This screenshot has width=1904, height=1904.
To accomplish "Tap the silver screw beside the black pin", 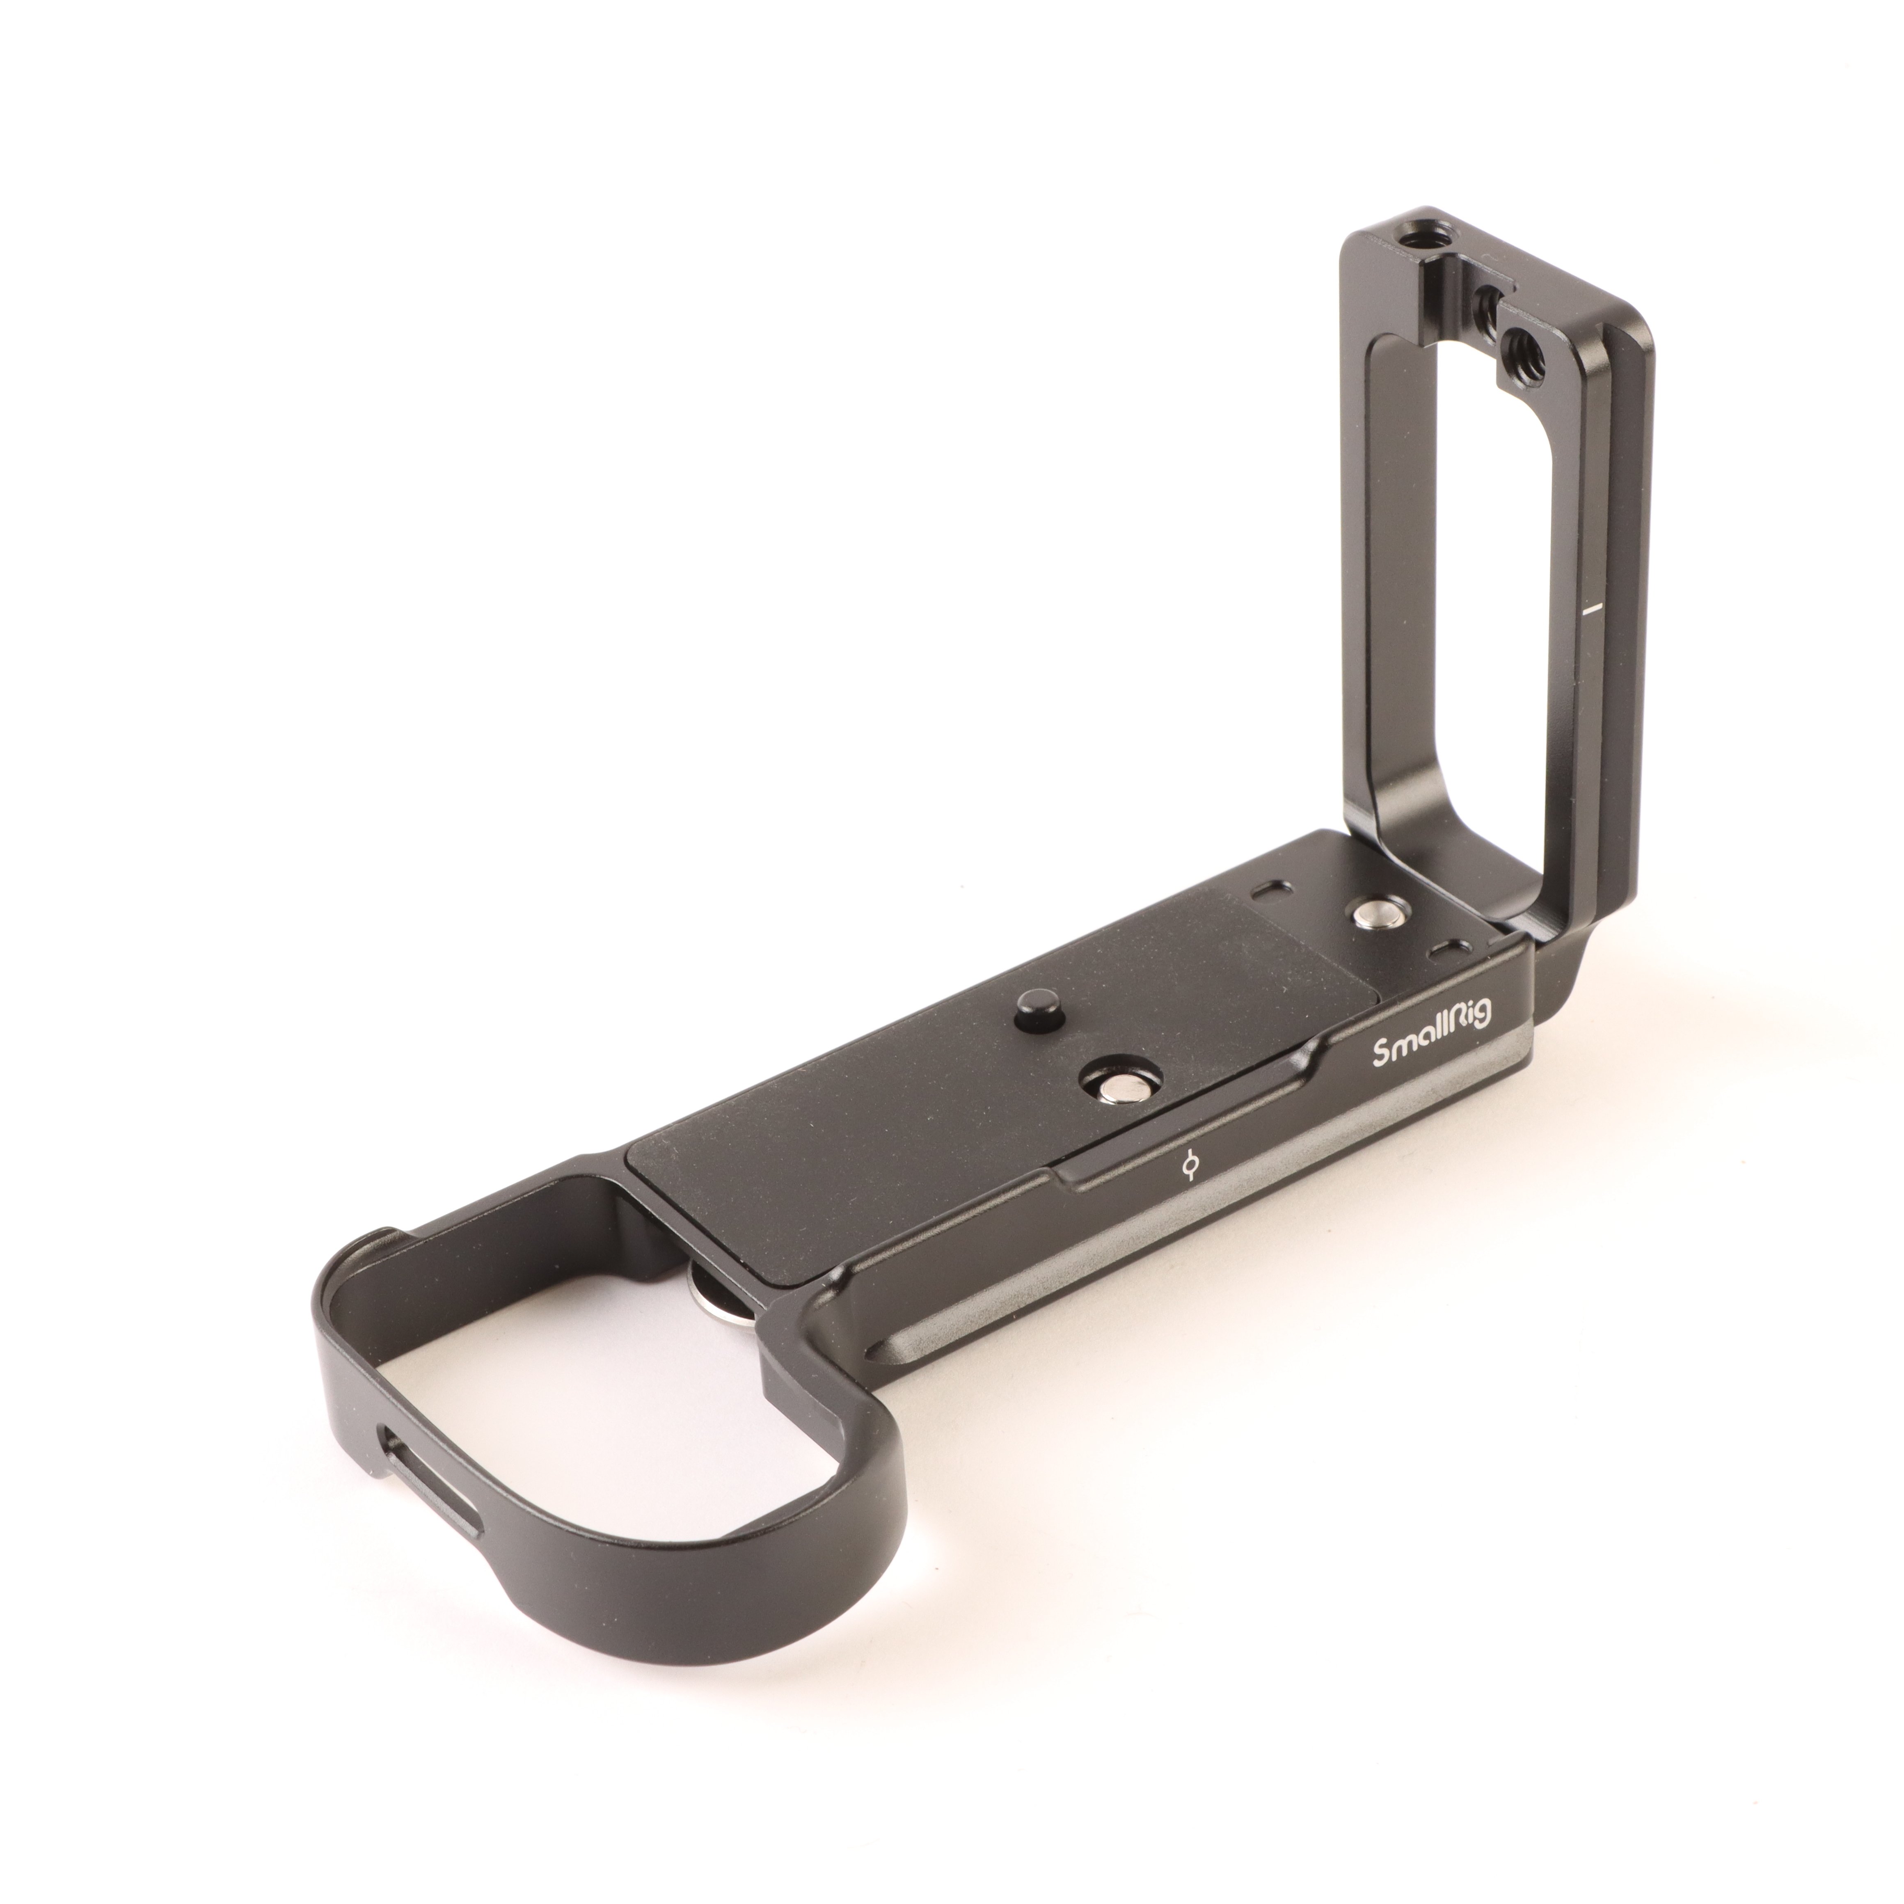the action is click(1114, 1084).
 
